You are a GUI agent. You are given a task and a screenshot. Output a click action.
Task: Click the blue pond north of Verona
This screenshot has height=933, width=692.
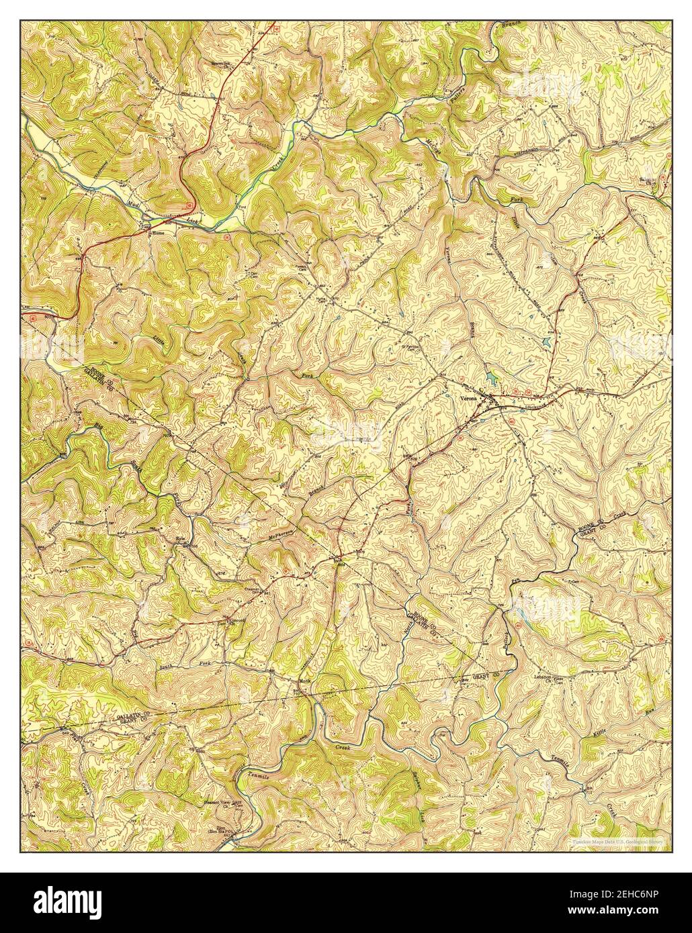(495, 379)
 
